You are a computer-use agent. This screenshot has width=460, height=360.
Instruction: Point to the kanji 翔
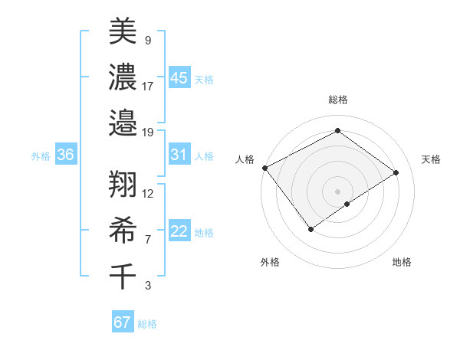[x=123, y=184]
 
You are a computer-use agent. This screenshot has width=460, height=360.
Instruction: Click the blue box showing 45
[x=179, y=77]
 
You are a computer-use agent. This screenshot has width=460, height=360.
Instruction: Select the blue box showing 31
[x=179, y=155]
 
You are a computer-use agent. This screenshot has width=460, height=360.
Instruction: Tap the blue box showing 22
[x=179, y=232]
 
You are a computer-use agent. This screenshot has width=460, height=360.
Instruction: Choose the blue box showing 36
[x=65, y=155]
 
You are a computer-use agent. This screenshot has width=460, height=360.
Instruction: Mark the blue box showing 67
[x=122, y=322]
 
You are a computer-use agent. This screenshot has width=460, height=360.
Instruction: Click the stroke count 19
[x=148, y=132]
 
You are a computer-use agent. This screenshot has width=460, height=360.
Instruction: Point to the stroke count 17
[x=148, y=86]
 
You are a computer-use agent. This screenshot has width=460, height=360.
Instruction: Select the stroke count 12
[x=148, y=193]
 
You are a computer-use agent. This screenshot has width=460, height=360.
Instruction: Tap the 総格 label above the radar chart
[x=337, y=100]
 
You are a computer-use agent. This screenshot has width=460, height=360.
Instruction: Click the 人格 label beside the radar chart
[x=245, y=159]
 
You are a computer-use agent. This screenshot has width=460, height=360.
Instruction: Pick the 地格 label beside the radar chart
[x=402, y=262]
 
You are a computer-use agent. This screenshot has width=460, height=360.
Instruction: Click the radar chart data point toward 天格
[x=396, y=172]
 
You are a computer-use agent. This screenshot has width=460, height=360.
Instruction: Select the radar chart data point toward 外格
[x=310, y=229]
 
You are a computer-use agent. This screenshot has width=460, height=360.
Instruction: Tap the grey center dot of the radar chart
[x=337, y=191]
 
